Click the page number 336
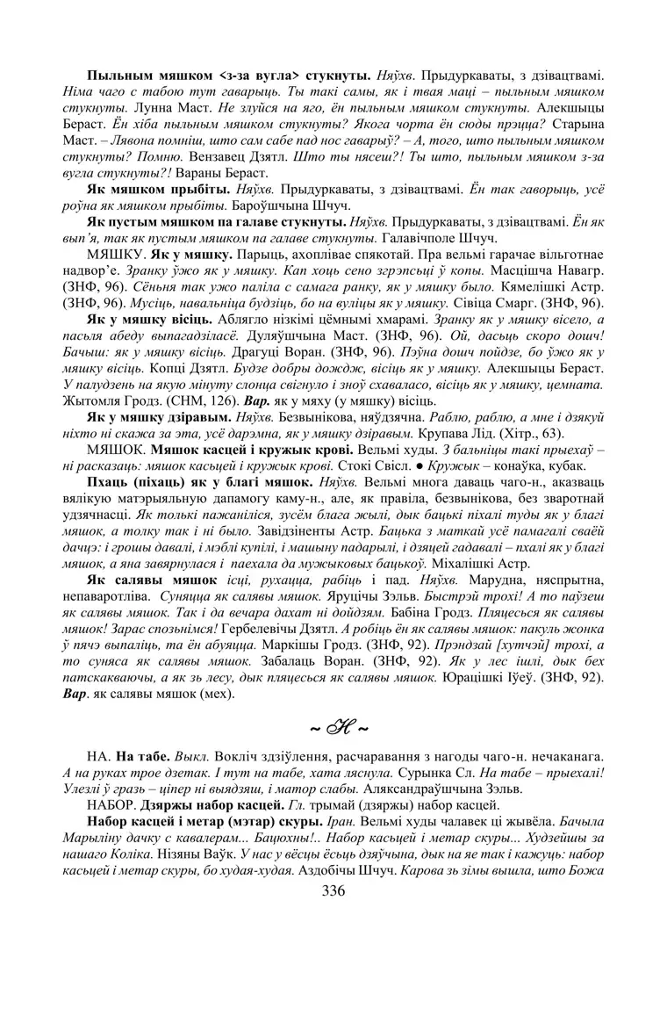[333, 891]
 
